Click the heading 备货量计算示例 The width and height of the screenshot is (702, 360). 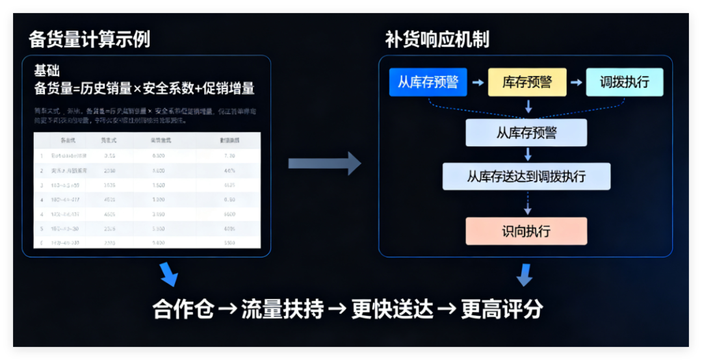click(x=89, y=40)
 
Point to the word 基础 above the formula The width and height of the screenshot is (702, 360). click(x=47, y=71)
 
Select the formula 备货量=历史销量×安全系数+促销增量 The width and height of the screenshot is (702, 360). click(x=144, y=88)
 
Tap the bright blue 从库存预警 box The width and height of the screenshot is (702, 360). click(x=428, y=83)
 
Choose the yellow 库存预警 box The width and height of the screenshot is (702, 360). click(x=527, y=83)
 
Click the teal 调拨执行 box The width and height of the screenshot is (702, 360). click(x=624, y=83)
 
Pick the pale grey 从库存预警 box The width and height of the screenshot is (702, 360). click(x=526, y=133)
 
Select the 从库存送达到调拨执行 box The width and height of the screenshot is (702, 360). click(x=526, y=176)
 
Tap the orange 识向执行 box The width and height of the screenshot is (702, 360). click(x=526, y=231)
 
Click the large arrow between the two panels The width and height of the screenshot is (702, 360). click(x=324, y=163)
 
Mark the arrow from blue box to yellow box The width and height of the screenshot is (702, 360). click(x=478, y=83)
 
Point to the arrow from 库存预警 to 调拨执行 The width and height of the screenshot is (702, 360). click(x=576, y=83)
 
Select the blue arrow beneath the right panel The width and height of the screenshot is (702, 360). click(x=525, y=274)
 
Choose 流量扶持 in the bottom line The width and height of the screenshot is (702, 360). click(x=282, y=309)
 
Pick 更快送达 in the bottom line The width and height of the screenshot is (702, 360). click(x=392, y=309)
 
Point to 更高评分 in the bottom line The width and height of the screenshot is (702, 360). click(x=502, y=309)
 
